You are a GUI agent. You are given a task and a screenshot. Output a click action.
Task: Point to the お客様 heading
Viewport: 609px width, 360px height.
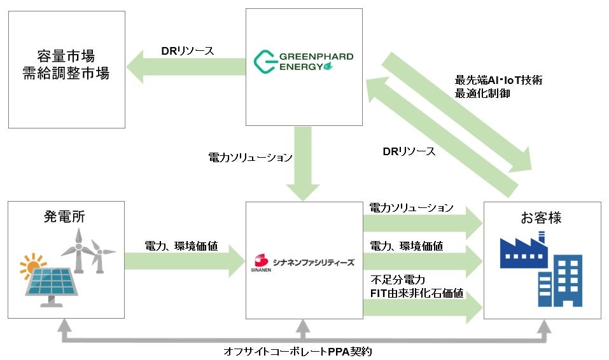[x=542, y=218]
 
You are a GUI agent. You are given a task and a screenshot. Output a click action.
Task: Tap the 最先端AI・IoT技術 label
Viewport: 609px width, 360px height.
[x=499, y=81]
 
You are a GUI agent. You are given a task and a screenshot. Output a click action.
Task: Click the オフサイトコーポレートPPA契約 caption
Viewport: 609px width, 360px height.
[x=303, y=350]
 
